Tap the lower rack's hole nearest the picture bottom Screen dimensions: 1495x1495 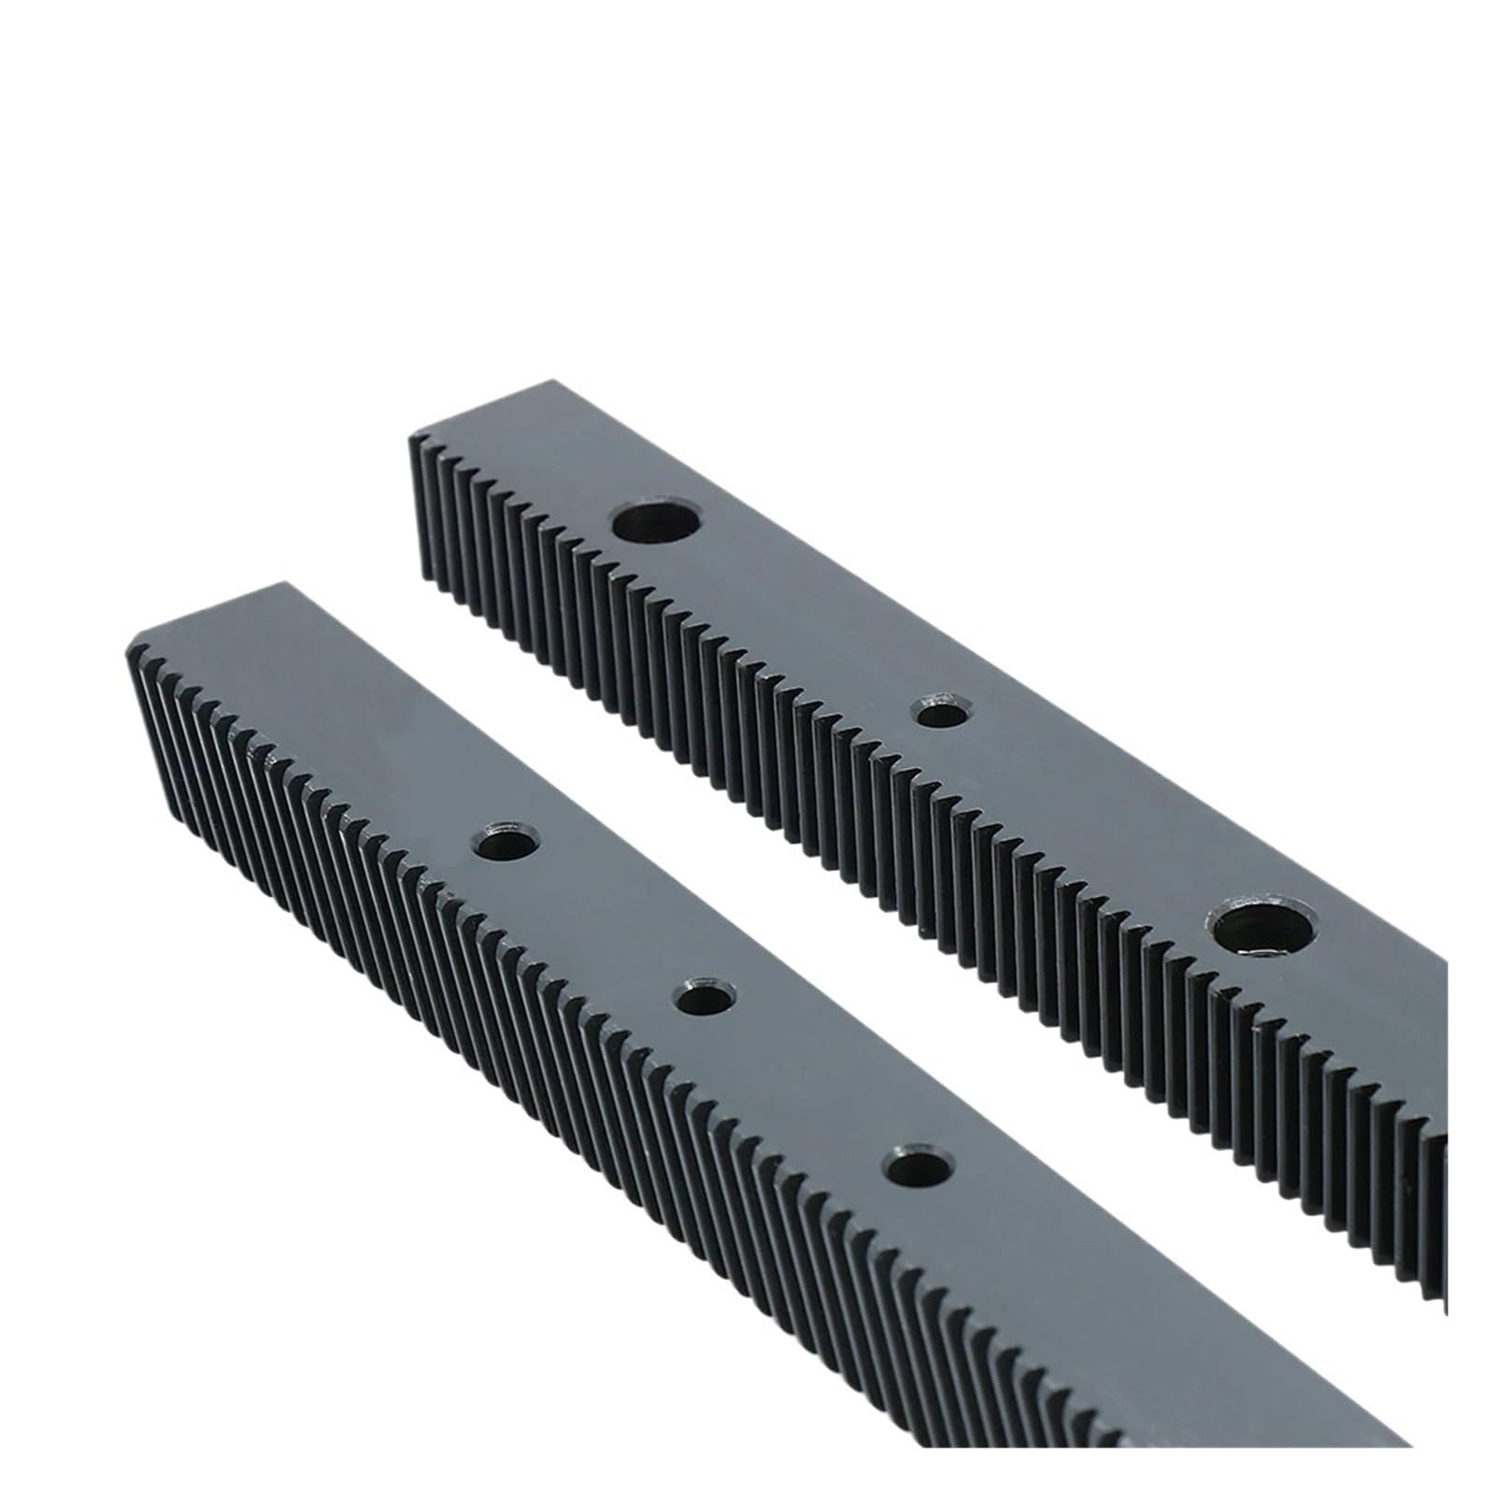pos(916,1168)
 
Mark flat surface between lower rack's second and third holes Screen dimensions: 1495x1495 pos(808,1084)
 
